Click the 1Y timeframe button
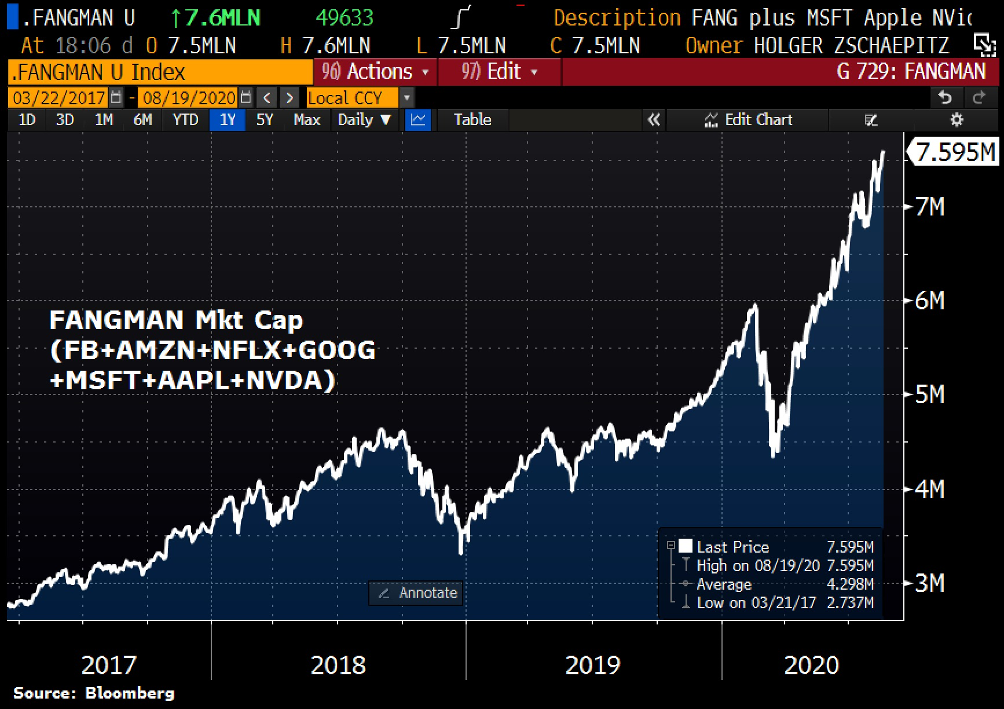tap(227, 120)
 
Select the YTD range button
tap(185, 120)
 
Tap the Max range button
tap(306, 120)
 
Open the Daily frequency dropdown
tap(364, 120)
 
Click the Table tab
tap(472, 120)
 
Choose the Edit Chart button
tap(748, 120)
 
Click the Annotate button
tap(416, 593)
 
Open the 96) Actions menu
tap(375, 72)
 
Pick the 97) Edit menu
tap(499, 72)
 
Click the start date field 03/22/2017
tap(59, 97)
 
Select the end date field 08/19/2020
tap(189, 97)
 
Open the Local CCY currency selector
tap(352, 97)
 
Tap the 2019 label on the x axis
tap(592, 665)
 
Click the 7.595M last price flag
tap(955, 152)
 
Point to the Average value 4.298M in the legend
tap(849, 584)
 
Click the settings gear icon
tap(957, 120)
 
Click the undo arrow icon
tap(944, 97)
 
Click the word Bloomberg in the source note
tap(129, 693)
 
